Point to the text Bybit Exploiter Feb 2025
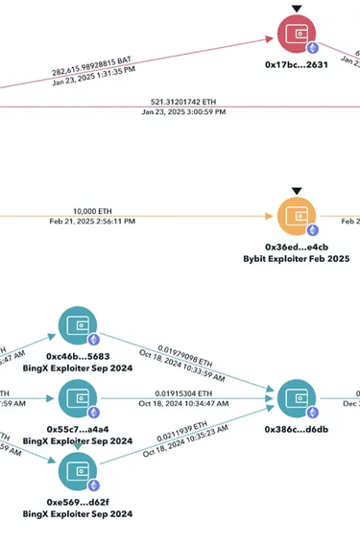pyautogui.click(x=297, y=259)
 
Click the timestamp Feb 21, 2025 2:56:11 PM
pyautogui.click(x=92, y=222)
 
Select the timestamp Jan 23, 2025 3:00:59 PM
pyautogui.click(x=183, y=111)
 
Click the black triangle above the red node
pyautogui.click(x=297, y=9)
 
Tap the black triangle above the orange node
pyautogui.click(x=297, y=191)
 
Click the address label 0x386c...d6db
pyautogui.click(x=297, y=431)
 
